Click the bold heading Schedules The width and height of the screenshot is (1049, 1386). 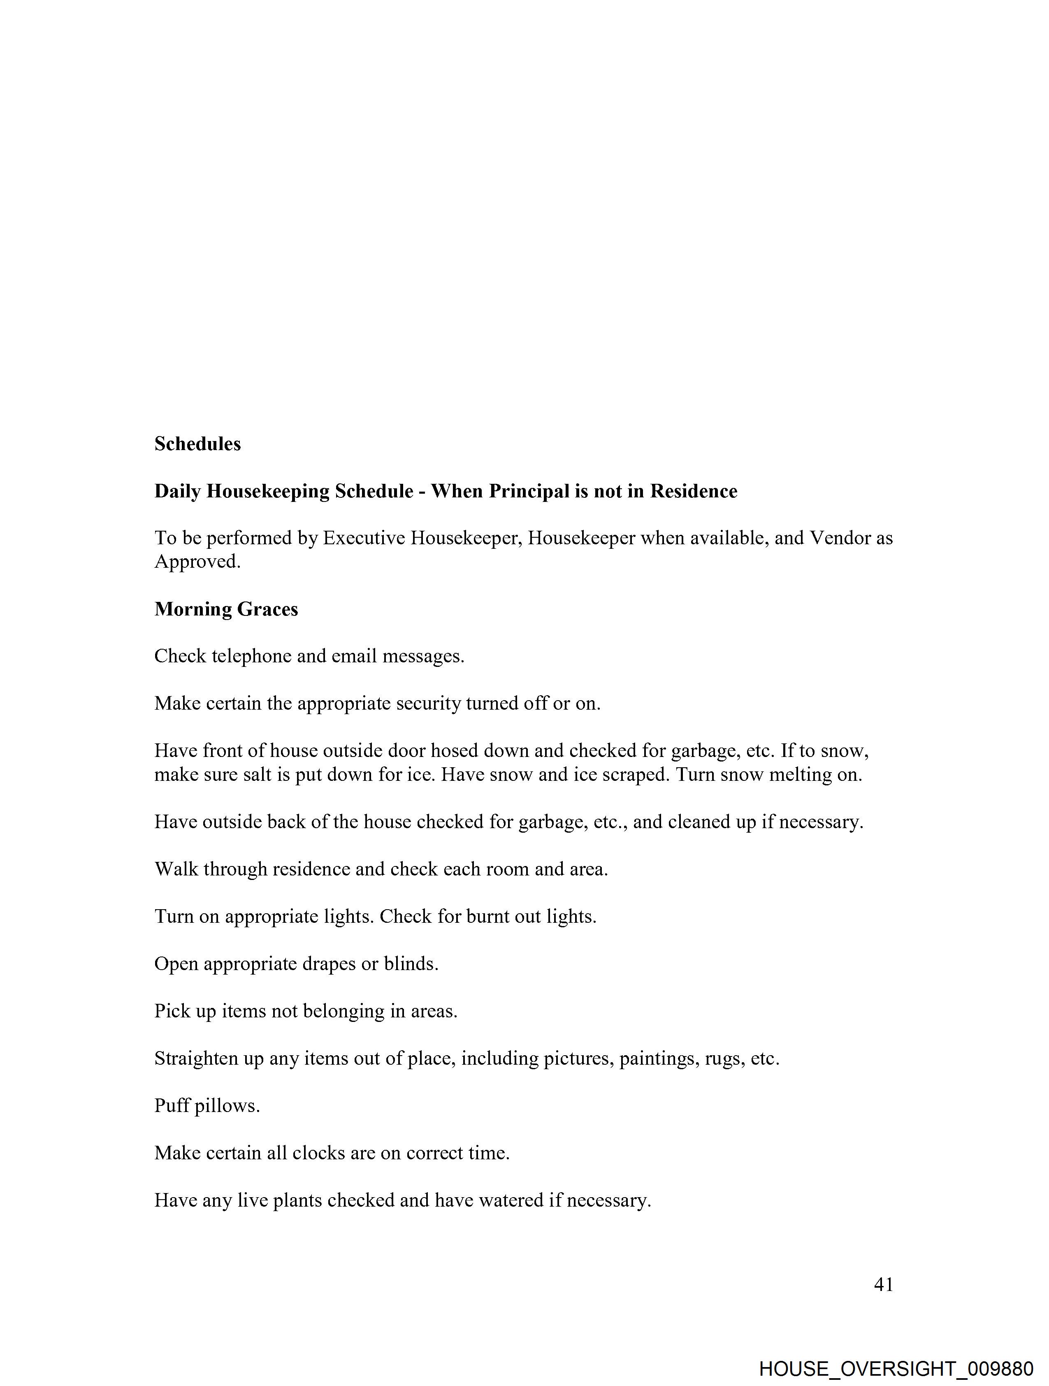197,443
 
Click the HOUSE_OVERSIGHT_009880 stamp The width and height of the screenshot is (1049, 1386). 896,1368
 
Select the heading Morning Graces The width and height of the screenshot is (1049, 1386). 226,609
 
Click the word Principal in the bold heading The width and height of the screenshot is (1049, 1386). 529,491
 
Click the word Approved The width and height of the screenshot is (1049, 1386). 197,562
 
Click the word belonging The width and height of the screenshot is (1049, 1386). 343,1011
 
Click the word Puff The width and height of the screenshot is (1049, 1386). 172,1105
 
